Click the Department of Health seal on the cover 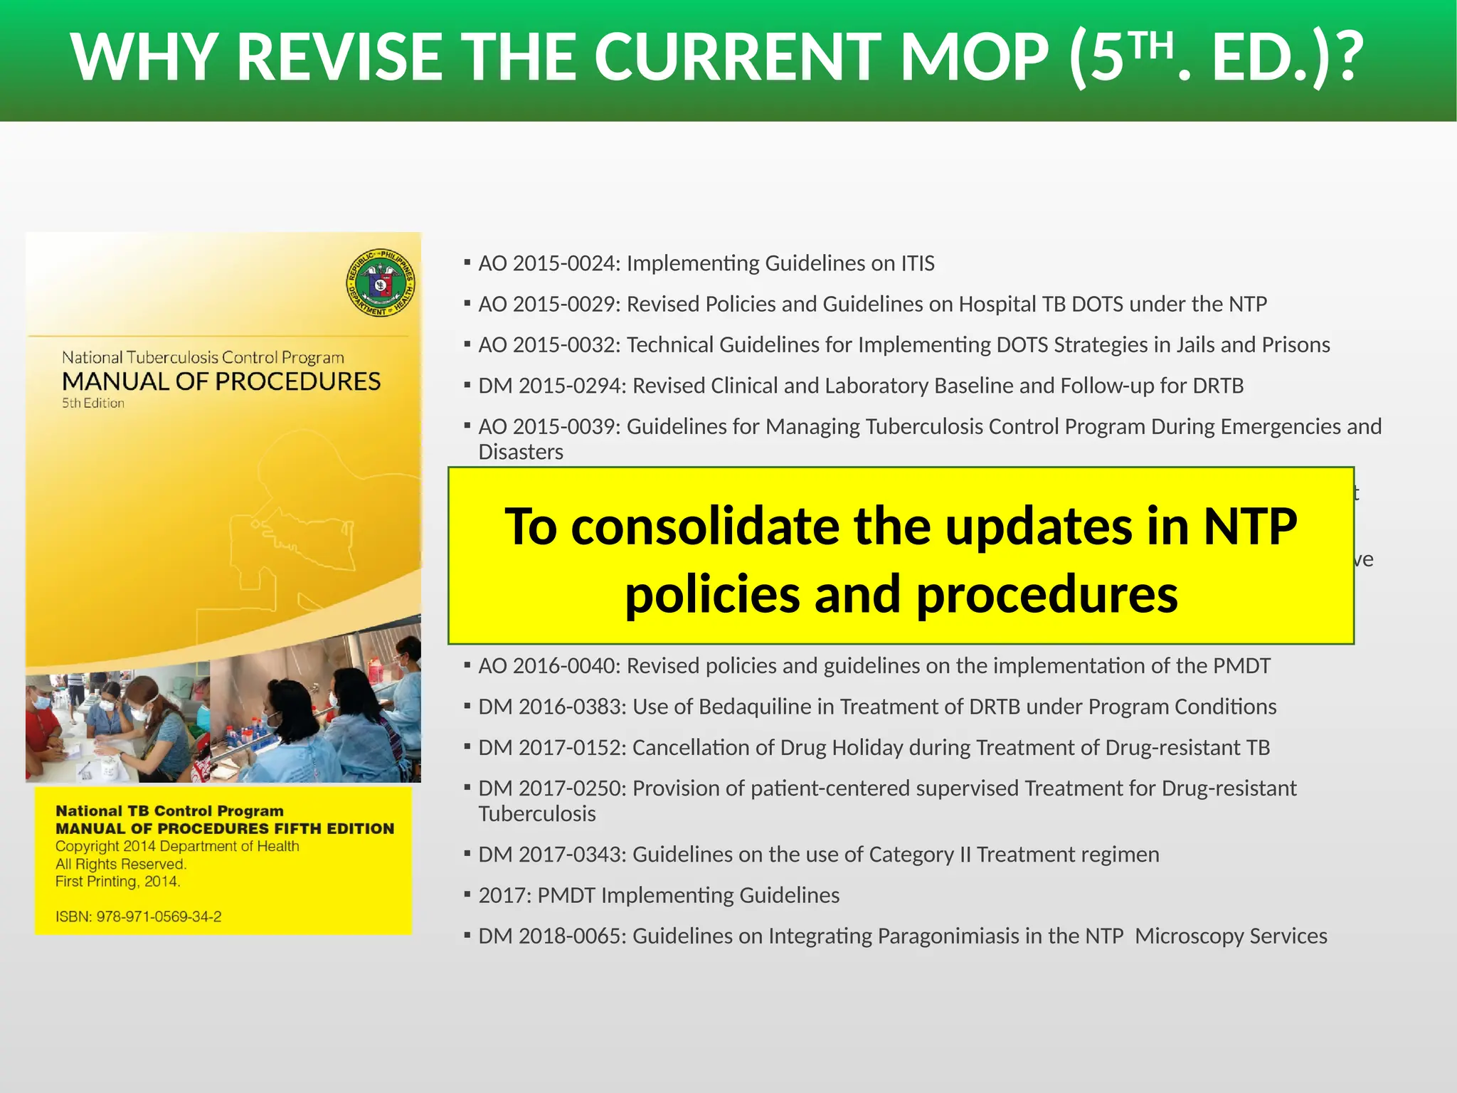(x=381, y=283)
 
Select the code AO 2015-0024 (x=549, y=263)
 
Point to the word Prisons (x=1295, y=345)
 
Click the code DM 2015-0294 (x=552, y=386)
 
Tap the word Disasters (x=521, y=452)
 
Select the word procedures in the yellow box (x=1047, y=594)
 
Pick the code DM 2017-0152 (x=552, y=748)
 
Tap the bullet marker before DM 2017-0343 (x=467, y=852)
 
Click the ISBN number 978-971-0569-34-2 (x=159, y=917)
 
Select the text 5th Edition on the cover (x=93, y=403)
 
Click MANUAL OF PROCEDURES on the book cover (x=221, y=381)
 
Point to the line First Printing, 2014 (x=118, y=882)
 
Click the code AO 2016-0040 (x=549, y=666)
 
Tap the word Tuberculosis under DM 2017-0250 (x=537, y=814)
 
